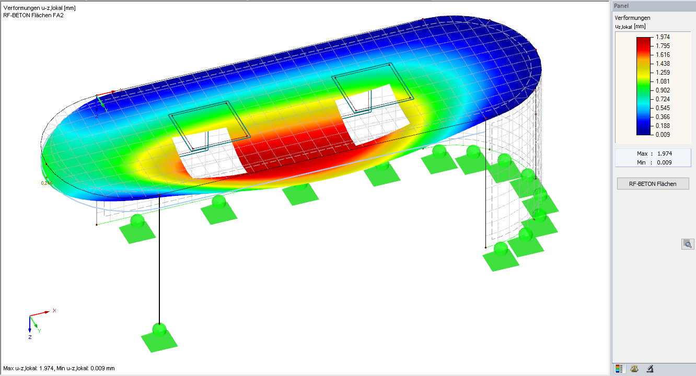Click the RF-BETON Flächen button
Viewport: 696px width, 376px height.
pos(653,183)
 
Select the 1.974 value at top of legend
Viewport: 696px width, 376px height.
pos(663,37)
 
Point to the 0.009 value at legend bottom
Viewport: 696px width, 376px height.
pos(663,135)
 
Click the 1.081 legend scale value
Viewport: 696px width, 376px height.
pos(663,81)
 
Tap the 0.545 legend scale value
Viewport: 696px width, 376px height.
pos(663,108)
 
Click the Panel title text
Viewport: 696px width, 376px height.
pos(621,6)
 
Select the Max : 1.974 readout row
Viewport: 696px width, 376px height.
pos(653,154)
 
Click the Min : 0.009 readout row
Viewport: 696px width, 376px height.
pos(653,162)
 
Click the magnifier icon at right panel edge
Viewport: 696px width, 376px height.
pos(688,244)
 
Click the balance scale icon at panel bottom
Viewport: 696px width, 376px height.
pos(635,369)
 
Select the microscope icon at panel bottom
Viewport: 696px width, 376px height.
pos(650,369)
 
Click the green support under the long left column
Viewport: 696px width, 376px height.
pos(159,337)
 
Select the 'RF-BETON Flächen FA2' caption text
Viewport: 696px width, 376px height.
pos(33,15)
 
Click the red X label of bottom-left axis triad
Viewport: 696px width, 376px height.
pos(54,310)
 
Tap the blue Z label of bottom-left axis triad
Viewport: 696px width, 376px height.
pos(30,337)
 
